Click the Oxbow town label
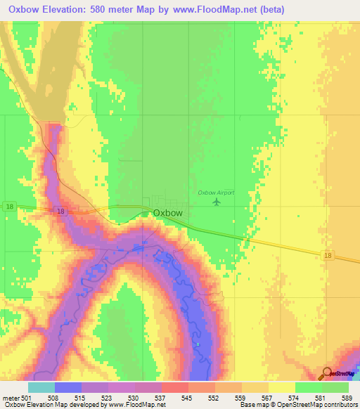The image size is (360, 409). click(x=168, y=214)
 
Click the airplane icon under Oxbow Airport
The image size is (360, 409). click(x=216, y=202)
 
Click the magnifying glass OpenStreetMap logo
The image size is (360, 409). click(x=328, y=375)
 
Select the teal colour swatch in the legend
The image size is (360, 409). click(x=41, y=387)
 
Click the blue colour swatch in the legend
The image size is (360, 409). click(x=68, y=387)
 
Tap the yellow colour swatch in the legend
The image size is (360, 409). click(x=282, y=387)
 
